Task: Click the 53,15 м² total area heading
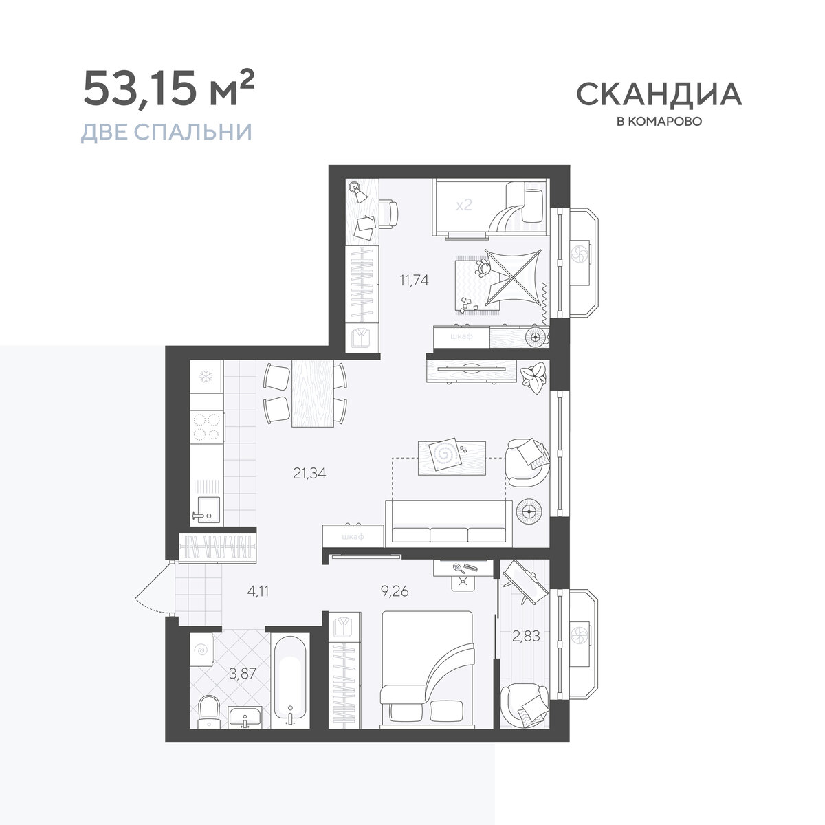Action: click(168, 89)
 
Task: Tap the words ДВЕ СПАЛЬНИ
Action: click(166, 132)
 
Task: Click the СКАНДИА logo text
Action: click(659, 94)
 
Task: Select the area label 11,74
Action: click(414, 280)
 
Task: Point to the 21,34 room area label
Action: click(309, 473)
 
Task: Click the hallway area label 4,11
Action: click(258, 591)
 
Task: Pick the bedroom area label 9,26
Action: click(395, 591)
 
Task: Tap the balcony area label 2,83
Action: click(526, 636)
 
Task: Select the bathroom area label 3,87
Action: click(242, 674)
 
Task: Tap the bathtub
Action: click(291, 681)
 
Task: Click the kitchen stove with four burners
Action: click(207, 426)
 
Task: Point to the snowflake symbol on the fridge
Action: click(206, 377)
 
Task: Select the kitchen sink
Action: click(206, 509)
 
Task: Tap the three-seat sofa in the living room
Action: click(449, 523)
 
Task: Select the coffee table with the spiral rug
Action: click(452, 458)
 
